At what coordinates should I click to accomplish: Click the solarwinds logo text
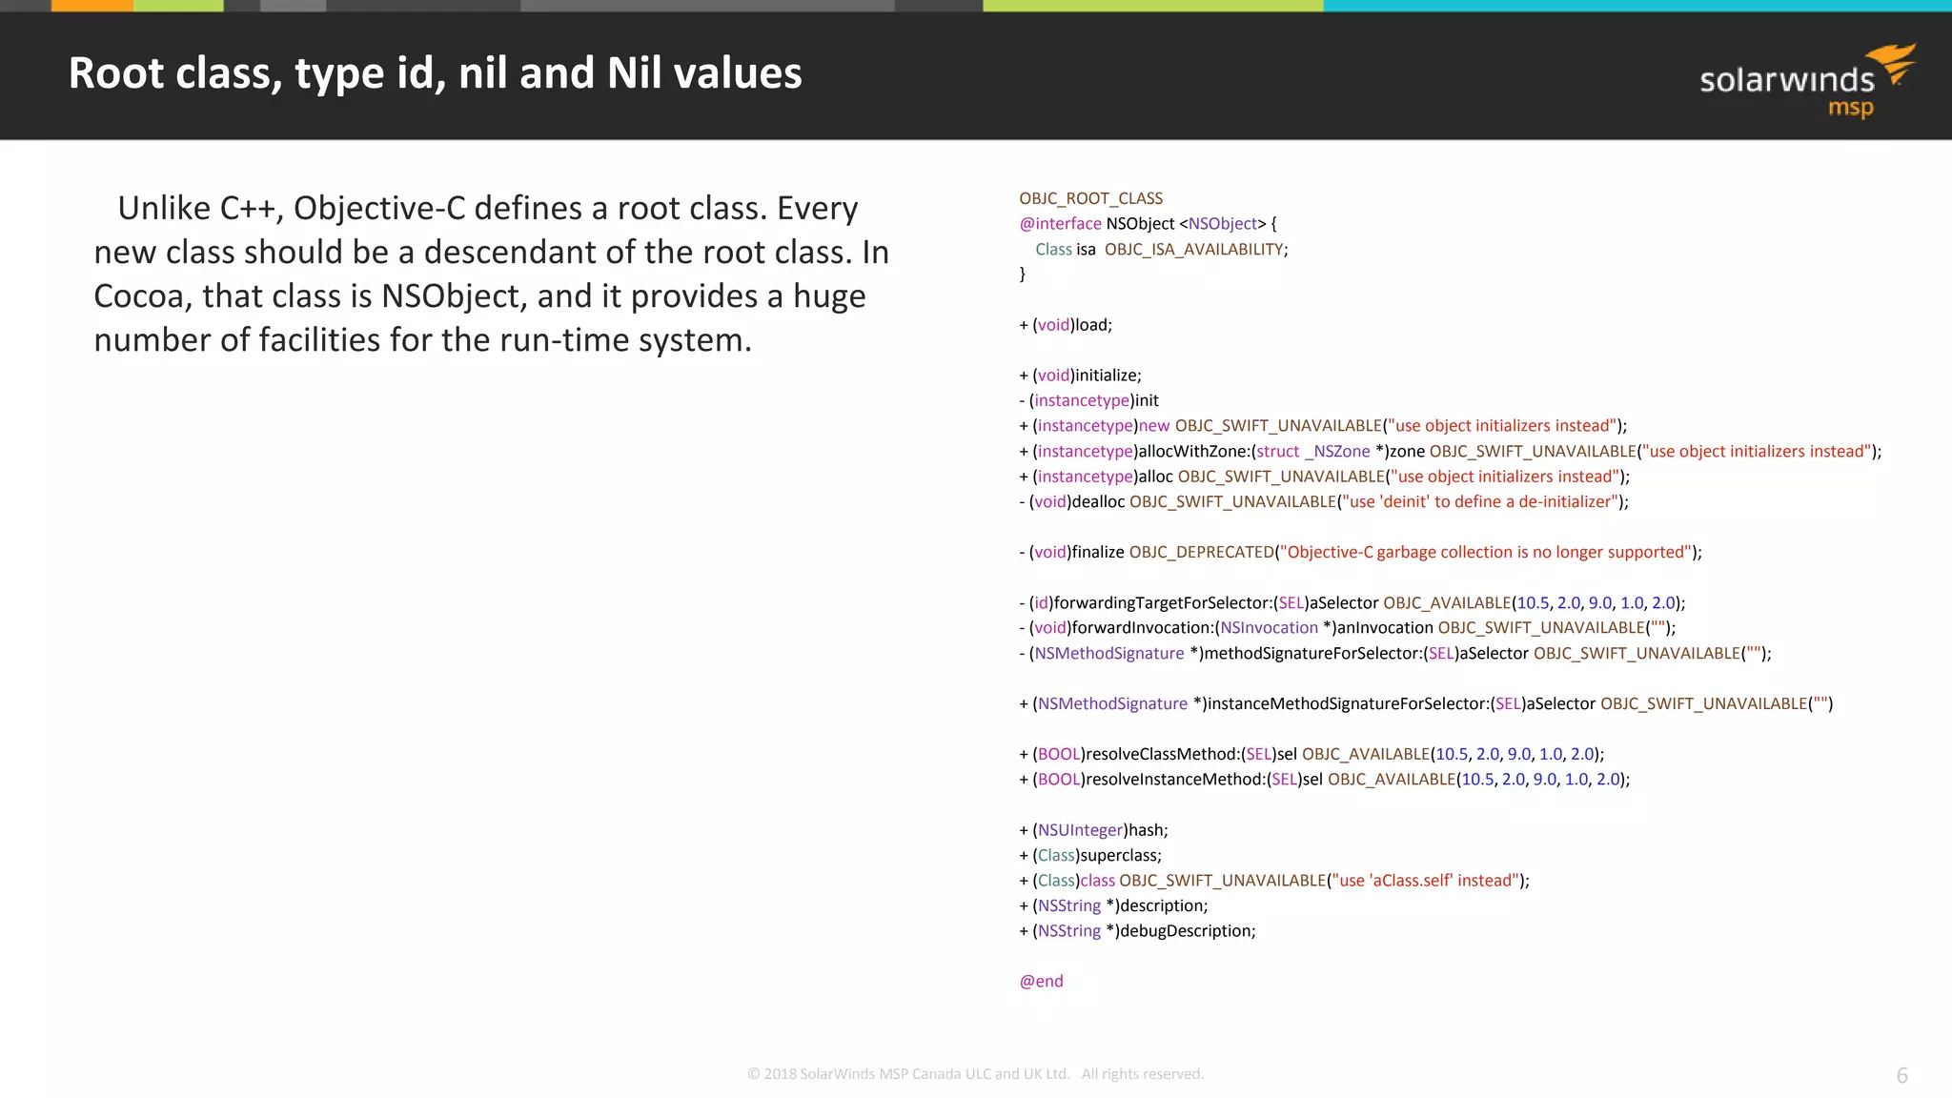(x=1786, y=80)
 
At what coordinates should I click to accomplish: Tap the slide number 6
(x=1901, y=1075)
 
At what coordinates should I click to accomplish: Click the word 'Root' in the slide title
(x=116, y=73)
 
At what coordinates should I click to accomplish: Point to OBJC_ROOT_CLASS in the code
(x=1090, y=198)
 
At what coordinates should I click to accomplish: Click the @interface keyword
(x=1060, y=223)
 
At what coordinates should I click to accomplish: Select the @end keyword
(x=1041, y=981)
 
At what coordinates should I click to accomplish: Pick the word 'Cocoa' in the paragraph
(x=139, y=295)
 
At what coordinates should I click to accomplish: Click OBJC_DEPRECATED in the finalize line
(x=1201, y=552)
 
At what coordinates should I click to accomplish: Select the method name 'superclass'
(x=1120, y=855)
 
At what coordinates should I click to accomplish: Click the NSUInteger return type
(x=1080, y=829)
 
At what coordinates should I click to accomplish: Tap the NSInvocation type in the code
(x=1269, y=627)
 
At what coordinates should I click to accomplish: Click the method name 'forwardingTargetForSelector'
(x=1162, y=602)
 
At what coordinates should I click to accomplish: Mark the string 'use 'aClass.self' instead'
(x=1427, y=880)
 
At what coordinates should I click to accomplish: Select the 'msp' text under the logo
(x=1850, y=109)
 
